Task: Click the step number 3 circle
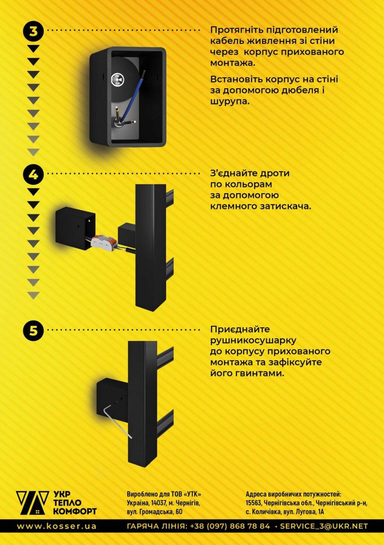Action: (33, 31)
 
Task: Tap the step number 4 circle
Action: (33, 174)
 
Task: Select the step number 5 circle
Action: (33, 330)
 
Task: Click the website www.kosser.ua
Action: (56, 526)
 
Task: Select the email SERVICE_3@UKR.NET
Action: (324, 526)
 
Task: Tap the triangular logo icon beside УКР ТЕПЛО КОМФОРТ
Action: (32, 503)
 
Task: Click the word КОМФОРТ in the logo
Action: (75, 511)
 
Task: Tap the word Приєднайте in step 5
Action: (234, 330)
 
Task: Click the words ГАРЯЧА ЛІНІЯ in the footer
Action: (156, 526)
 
